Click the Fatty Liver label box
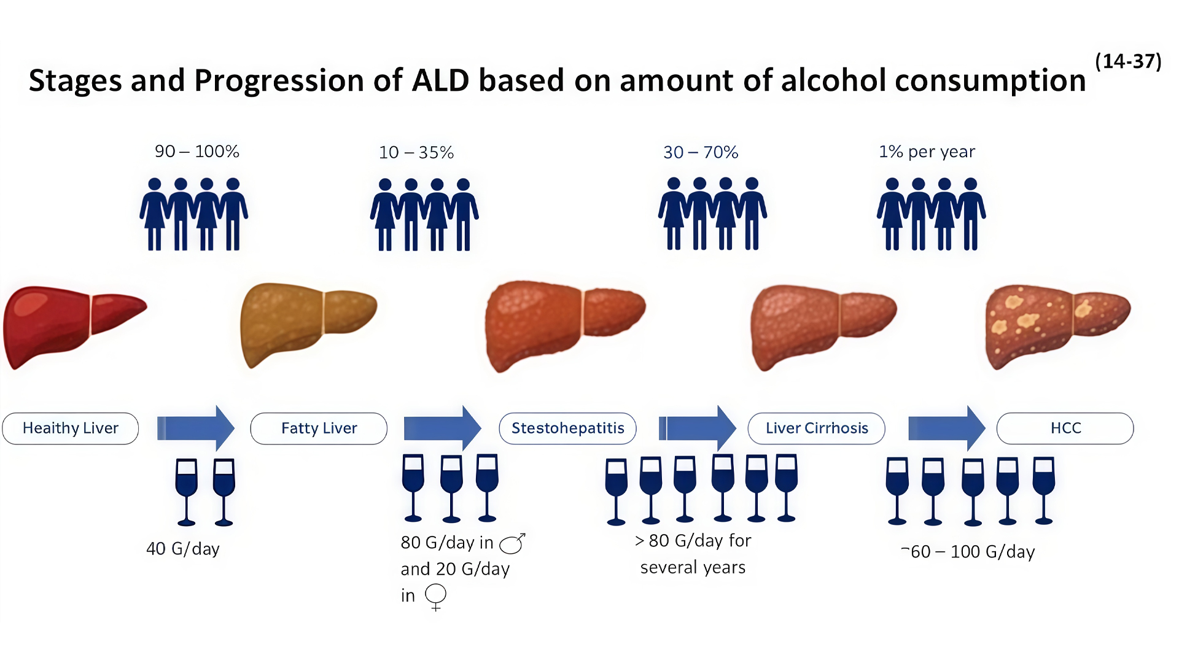pyautogui.click(x=319, y=428)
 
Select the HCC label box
pyautogui.click(x=1065, y=428)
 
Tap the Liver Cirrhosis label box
pyautogui.click(x=816, y=428)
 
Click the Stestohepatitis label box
pyautogui.click(x=567, y=428)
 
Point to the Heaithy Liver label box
pyautogui.click(x=71, y=428)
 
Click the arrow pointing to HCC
pyautogui.click(x=947, y=428)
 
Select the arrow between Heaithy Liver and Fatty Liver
pyautogui.click(x=196, y=428)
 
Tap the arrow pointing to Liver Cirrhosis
pyautogui.click(x=698, y=428)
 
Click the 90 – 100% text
pyautogui.click(x=196, y=152)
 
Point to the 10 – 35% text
pyautogui.click(x=416, y=152)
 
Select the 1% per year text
pyautogui.click(x=927, y=152)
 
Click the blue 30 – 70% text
pyautogui.click(x=701, y=152)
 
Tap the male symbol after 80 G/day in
pyautogui.click(x=512, y=543)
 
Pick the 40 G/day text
pyautogui.click(x=183, y=549)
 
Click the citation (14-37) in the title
pyautogui.click(x=1128, y=61)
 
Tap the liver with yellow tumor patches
pyautogui.click(x=1058, y=327)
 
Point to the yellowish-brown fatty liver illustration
pyautogui.click(x=308, y=325)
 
